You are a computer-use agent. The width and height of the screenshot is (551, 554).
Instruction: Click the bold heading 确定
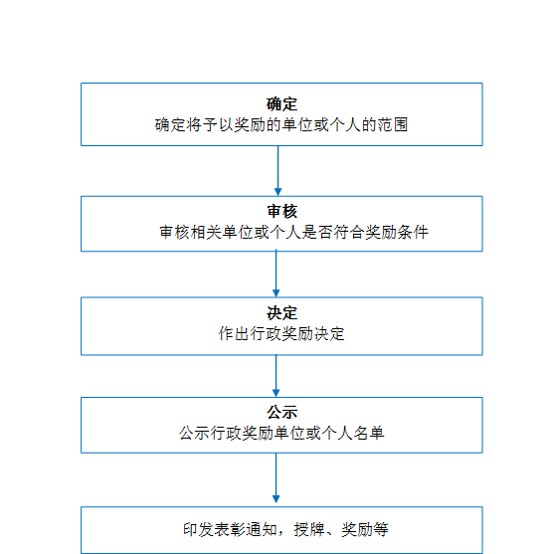coord(281,103)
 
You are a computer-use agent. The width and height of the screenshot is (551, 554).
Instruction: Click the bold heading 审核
coord(281,211)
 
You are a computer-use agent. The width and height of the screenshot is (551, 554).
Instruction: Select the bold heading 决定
coord(281,313)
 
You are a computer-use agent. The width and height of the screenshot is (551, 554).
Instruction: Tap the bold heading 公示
coord(281,412)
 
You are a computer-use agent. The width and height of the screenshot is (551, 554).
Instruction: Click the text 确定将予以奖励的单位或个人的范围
coord(281,124)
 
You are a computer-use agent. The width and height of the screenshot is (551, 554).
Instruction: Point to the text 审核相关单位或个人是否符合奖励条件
coord(293,232)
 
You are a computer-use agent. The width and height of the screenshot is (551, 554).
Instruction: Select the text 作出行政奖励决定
coord(281,333)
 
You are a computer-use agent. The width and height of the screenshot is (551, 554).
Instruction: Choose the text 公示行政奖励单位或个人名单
coord(281,433)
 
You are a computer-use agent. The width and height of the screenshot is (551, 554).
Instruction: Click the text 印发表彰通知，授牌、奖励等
coord(285,529)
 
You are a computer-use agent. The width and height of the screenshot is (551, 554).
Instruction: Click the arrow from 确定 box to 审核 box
coord(277,171)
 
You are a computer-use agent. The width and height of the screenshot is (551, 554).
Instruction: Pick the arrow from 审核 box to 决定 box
coord(276,274)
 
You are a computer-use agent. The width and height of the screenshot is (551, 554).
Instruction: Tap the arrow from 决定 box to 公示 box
coord(276,376)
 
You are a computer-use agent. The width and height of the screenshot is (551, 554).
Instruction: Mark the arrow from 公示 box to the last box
coord(276,477)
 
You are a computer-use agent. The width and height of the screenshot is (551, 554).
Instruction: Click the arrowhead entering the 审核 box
coord(277,192)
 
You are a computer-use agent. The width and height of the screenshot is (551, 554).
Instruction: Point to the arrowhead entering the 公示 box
coord(276,394)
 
